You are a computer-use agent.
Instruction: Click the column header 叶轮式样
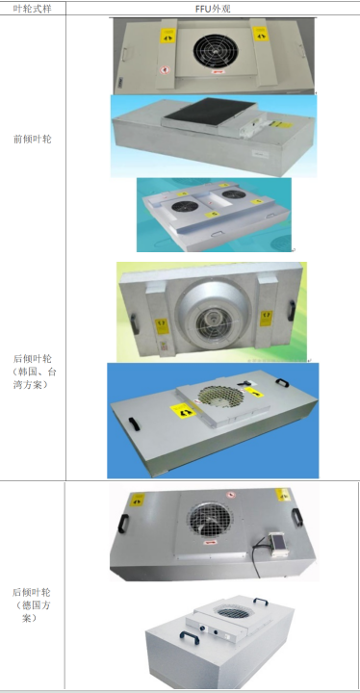[33, 8]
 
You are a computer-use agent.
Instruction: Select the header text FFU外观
[213, 8]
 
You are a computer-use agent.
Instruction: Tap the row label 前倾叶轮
[33, 140]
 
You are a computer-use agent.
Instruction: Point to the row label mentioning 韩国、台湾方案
[33, 372]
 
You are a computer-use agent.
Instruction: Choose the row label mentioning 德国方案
[33, 605]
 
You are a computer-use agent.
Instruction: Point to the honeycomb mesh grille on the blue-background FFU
[219, 395]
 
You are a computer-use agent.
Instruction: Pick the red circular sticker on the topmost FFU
[164, 69]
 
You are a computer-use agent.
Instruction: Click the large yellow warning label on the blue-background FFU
[183, 413]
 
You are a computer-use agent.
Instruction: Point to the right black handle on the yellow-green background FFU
[292, 311]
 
